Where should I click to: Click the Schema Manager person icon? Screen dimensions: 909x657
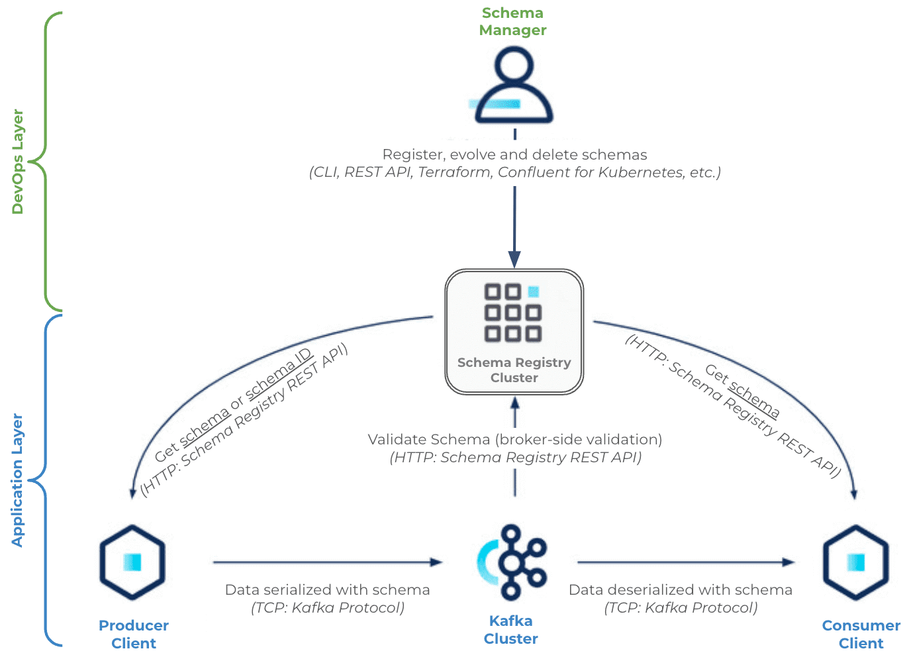[x=514, y=85]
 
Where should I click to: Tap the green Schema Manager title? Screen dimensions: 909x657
[x=512, y=21]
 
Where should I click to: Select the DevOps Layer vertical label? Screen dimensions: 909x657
[x=17, y=162]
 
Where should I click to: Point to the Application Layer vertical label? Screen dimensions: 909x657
[x=17, y=480]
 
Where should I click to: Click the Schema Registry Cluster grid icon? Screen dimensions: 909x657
[x=513, y=312]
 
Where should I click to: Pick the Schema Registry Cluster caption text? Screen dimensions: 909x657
[x=514, y=370]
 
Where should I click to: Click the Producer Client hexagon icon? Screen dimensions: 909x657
[x=132, y=562]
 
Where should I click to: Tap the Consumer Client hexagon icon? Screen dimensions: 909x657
[x=856, y=562]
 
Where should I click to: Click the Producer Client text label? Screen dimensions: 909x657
[x=134, y=634]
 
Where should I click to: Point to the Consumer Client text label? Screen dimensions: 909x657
[x=861, y=634]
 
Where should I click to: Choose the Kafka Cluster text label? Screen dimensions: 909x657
[x=511, y=630]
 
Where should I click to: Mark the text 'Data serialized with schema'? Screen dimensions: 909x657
[x=328, y=589]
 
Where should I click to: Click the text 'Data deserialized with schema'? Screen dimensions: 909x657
[x=681, y=589]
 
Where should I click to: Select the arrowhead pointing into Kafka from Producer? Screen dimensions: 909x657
[x=437, y=562]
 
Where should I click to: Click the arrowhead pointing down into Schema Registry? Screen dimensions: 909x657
[x=514, y=260]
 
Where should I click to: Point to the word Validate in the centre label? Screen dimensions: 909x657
[x=397, y=439]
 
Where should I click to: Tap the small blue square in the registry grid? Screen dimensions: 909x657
[x=533, y=291]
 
